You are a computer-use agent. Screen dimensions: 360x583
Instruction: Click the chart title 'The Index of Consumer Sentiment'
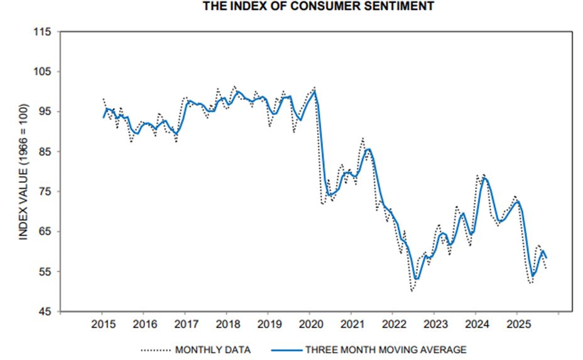[x=318, y=6]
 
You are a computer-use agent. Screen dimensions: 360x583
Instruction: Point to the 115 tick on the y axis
[x=42, y=32]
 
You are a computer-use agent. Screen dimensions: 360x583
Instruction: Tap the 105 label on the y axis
[x=42, y=72]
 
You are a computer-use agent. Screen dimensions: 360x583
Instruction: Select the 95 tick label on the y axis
[x=45, y=112]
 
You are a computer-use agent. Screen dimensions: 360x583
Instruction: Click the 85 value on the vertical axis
[x=45, y=151]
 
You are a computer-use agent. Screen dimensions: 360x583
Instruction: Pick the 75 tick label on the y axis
[x=45, y=192]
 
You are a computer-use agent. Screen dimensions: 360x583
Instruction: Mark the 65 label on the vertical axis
[x=45, y=232]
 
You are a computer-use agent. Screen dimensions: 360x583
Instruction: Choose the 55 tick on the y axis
[x=45, y=271]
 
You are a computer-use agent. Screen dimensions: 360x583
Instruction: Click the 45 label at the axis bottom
[x=45, y=312]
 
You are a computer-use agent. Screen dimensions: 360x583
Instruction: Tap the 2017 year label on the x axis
[x=185, y=324]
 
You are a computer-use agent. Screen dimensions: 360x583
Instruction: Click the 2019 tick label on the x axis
[x=268, y=324]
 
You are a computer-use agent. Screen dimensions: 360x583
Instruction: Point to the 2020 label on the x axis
[x=310, y=324]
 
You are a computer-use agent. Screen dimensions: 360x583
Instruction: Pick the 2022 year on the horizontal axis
[x=393, y=324]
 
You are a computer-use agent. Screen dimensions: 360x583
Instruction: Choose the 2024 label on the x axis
[x=475, y=324]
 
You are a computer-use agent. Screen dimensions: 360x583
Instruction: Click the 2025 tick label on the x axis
[x=516, y=324]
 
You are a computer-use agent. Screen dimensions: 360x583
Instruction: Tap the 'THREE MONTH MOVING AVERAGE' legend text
[x=386, y=349]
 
